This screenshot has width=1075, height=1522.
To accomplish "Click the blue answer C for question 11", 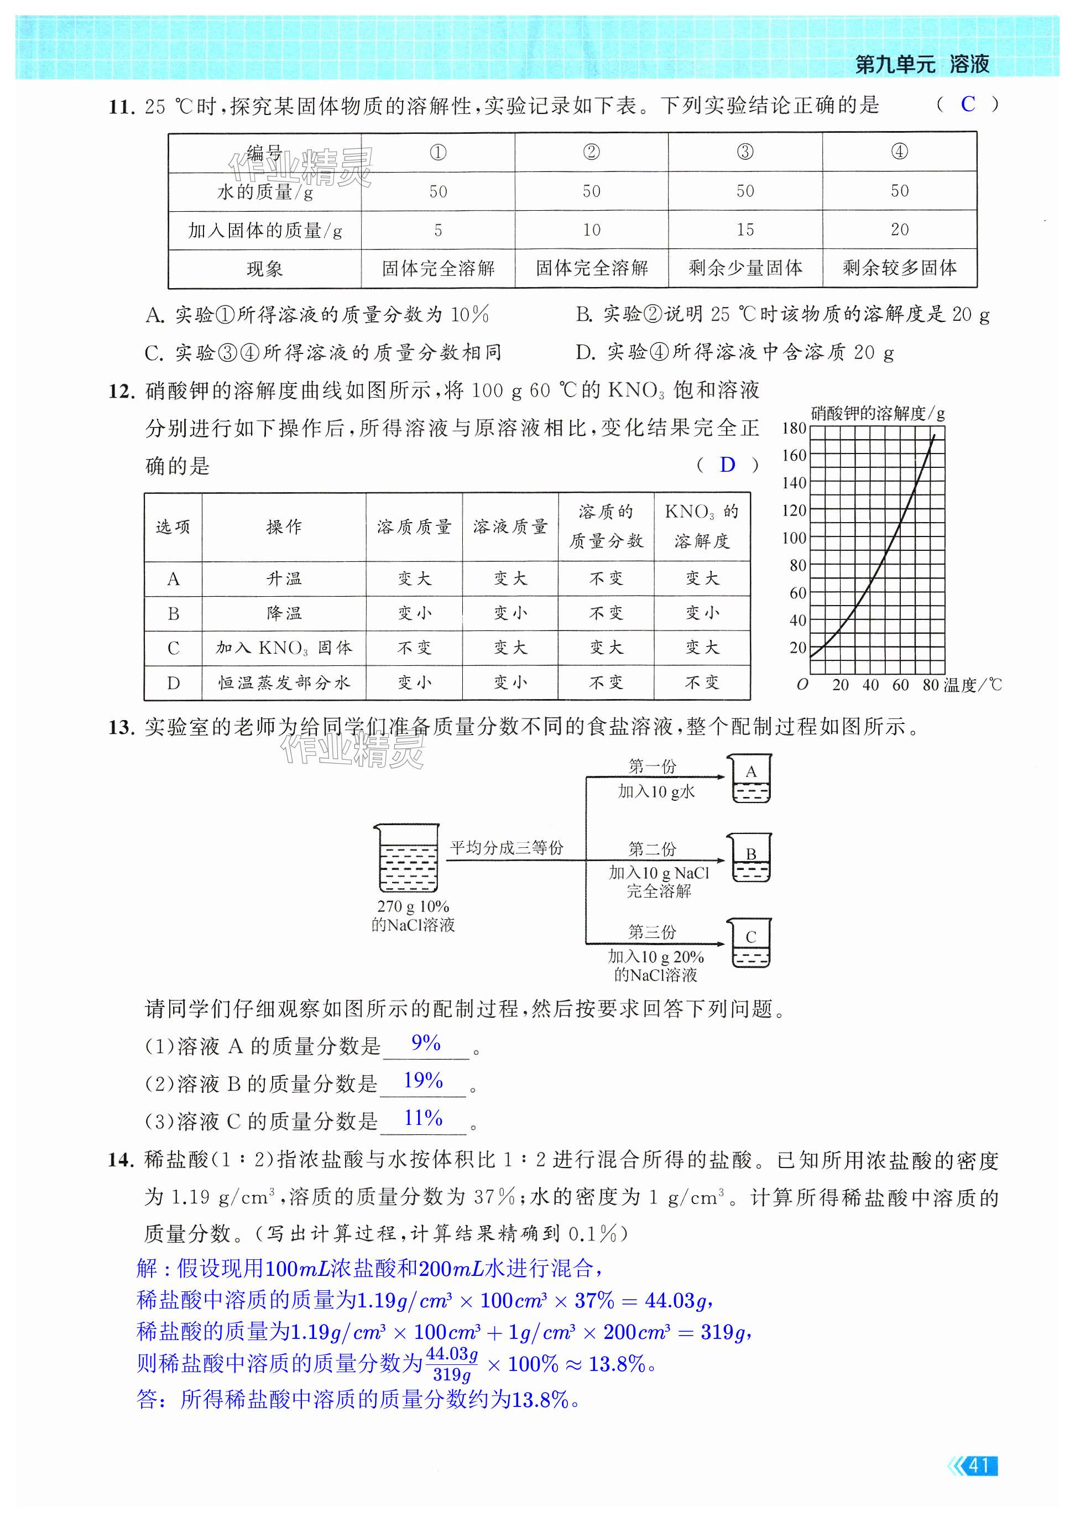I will click(968, 104).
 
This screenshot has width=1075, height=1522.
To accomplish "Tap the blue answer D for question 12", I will click(727, 465).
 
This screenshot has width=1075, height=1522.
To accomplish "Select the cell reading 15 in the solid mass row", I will click(745, 230).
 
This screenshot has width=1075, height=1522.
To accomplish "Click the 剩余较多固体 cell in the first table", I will click(899, 268).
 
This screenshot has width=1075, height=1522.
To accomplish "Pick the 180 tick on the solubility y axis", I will click(794, 428).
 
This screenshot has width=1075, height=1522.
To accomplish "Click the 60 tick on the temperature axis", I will click(900, 685).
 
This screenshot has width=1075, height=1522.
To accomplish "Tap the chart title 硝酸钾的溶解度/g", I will click(877, 414).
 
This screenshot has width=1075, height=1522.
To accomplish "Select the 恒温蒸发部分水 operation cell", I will click(284, 683).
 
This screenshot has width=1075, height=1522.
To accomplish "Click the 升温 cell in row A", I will click(284, 578).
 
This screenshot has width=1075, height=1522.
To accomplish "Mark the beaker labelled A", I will click(750, 780).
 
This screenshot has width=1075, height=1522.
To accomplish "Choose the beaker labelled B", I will click(750, 859).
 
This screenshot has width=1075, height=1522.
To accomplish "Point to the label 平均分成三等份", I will click(507, 848).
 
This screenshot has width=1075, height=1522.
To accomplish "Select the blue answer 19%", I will click(423, 1081).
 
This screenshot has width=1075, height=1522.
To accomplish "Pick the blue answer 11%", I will click(423, 1118).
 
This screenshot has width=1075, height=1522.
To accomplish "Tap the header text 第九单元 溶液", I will click(922, 64).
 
